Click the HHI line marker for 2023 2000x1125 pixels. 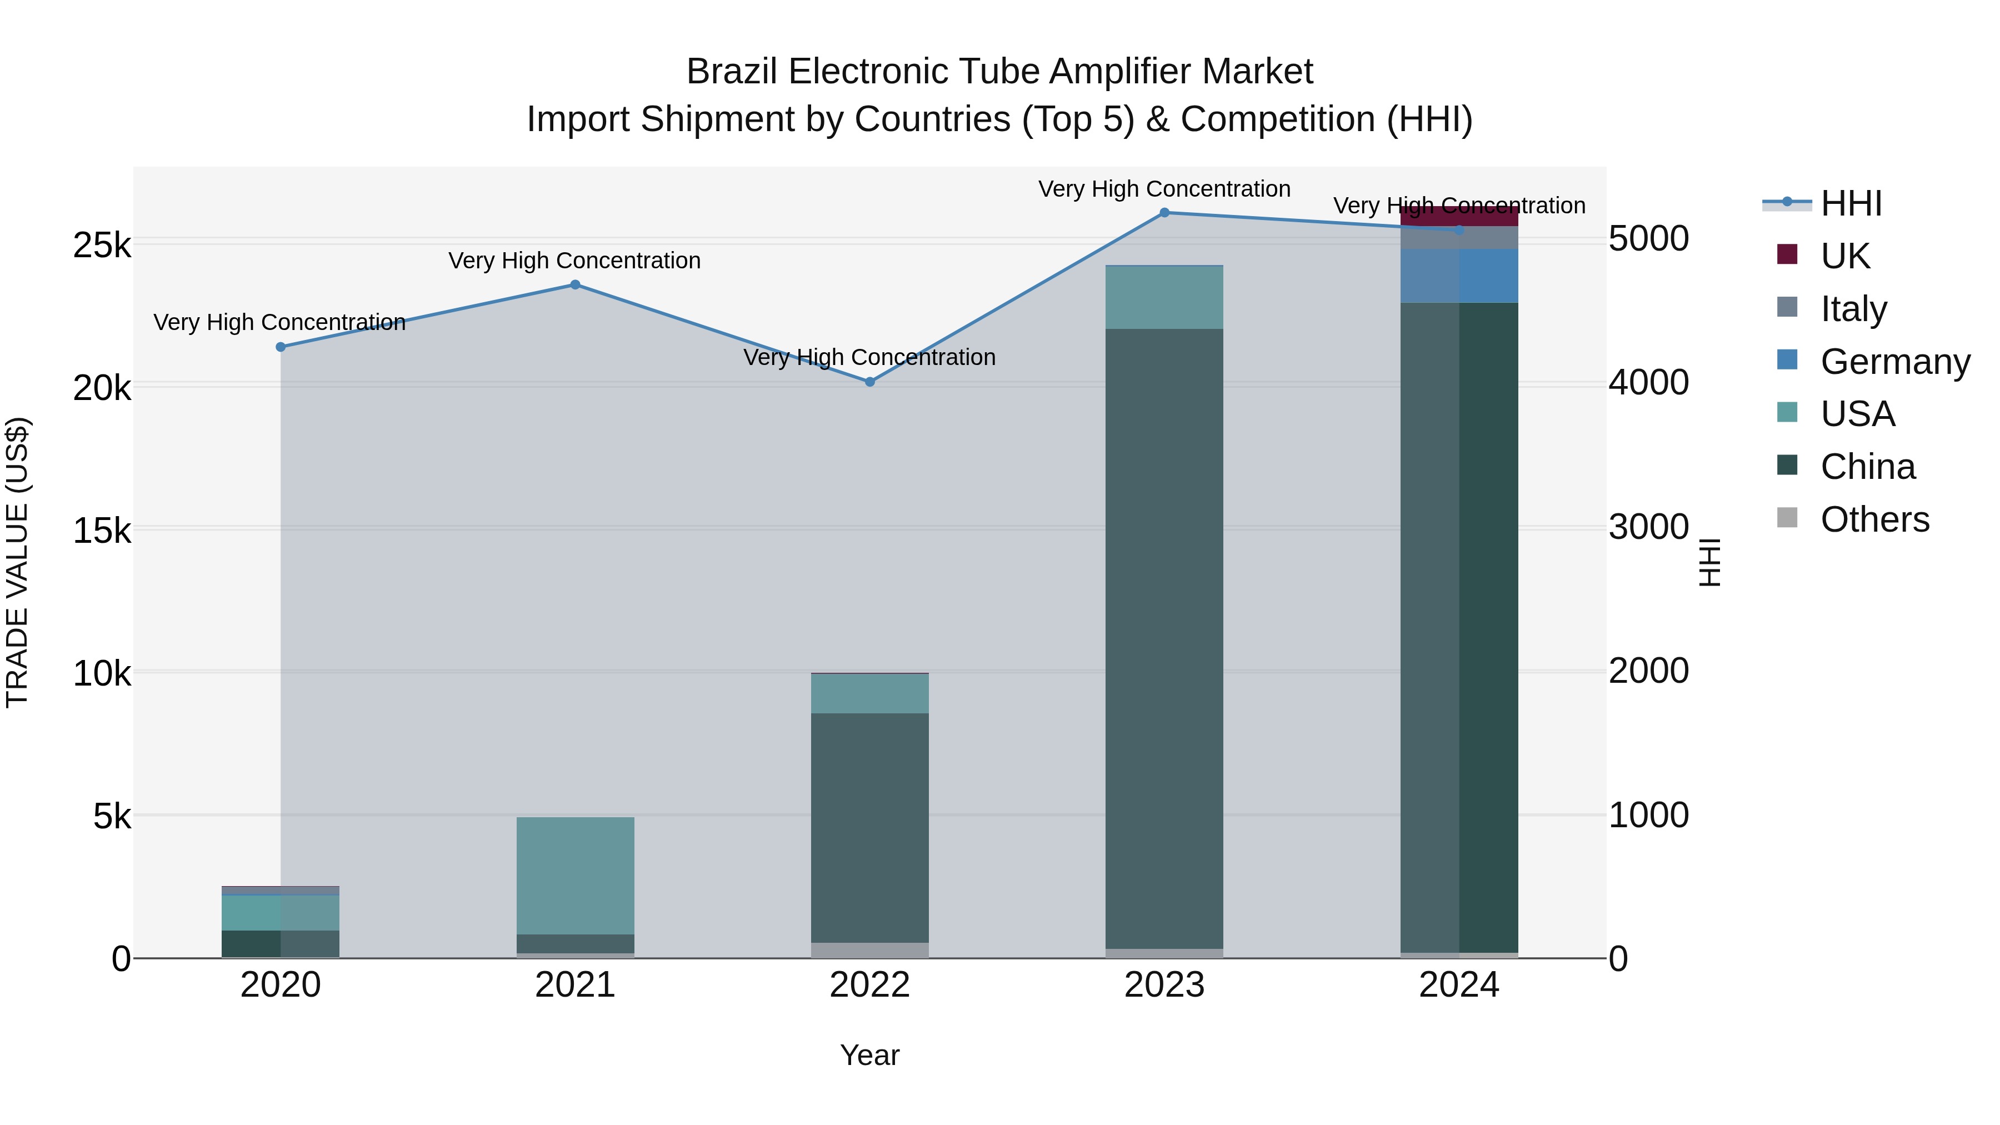(1164, 213)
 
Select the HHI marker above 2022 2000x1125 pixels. (869, 382)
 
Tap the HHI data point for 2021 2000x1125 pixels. (576, 285)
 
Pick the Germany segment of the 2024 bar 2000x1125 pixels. (1459, 276)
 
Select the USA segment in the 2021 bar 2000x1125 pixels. (576, 875)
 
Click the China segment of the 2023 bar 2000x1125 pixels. (1164, 637)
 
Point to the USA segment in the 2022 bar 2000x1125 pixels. (869, 693)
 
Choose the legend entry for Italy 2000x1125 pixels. (1852, 309)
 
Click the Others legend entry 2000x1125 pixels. (1874, 519)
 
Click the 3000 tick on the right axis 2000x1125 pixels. (1648, 527)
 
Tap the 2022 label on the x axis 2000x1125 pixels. (869, 985)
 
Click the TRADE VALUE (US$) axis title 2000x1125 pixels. (17, 562)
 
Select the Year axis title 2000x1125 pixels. (869, 1055)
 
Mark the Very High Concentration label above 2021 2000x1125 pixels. (574, 261)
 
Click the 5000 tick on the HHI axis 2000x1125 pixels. (1648, 238)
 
